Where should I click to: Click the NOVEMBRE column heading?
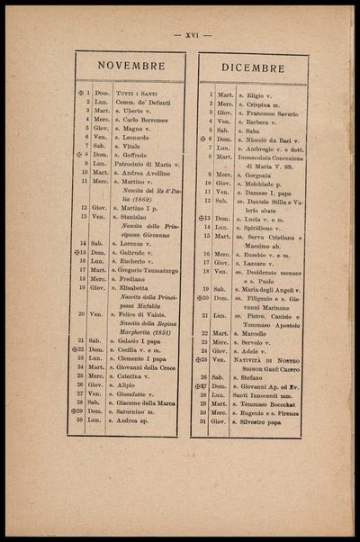130,66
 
